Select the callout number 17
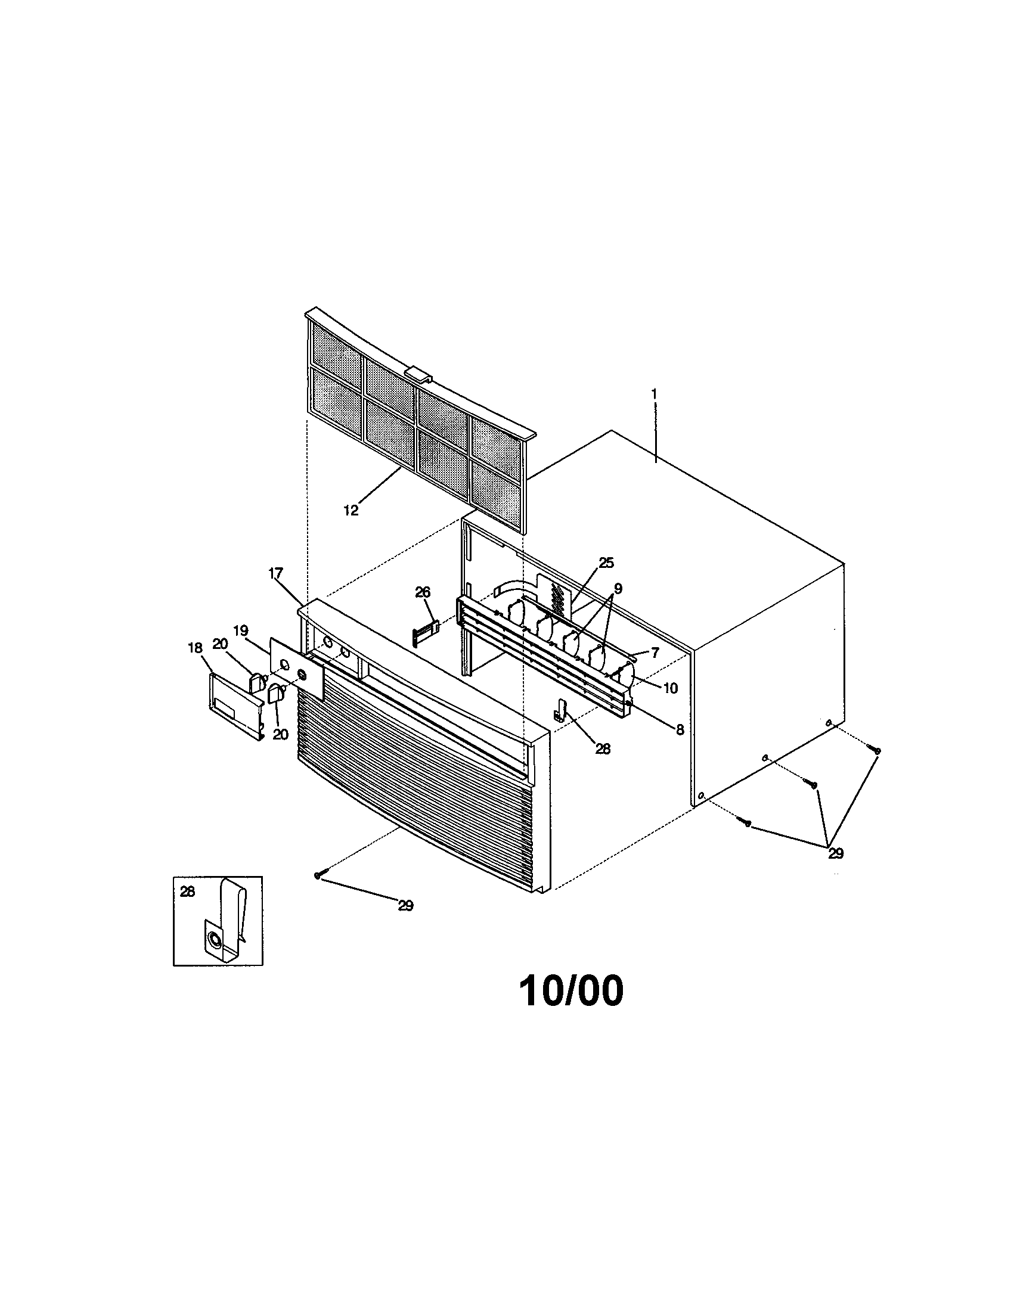[x=275, y=573]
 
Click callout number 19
[x=240, y=631]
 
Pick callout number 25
[x=606, y=563]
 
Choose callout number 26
[x=423, y=592]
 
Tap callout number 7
[x=655, y=653]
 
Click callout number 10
[x=670, y=688]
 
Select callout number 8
[x=680, y=729]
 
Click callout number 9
[x=618, y=588]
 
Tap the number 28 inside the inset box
[x=187, y=891]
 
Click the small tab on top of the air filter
[x=418, y=377]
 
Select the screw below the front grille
[x=317, y=876]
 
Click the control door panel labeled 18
[x=236, y=707]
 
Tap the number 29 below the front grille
[x=406, y=906]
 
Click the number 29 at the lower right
[x=836, y=853]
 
